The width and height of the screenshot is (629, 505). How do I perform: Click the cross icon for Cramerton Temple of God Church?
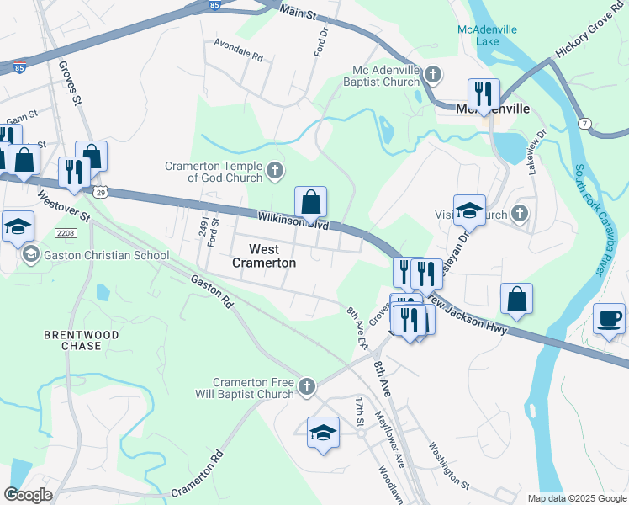point(275,172)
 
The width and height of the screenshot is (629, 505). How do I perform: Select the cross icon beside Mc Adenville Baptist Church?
point(432,75)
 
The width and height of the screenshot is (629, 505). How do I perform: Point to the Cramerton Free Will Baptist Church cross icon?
point(307,387)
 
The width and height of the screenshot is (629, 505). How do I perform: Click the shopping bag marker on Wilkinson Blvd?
point(310,203)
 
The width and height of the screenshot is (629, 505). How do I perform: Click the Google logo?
point(28,495)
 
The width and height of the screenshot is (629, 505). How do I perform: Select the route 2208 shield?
point(66,232)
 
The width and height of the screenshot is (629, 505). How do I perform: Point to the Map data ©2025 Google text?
point(576,498)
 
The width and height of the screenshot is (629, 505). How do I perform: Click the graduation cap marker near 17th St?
point(323,433)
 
